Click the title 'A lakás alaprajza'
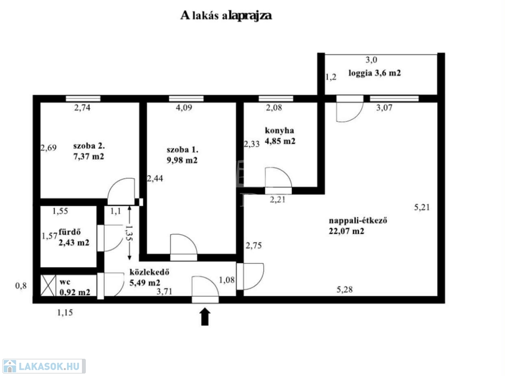click(x=226, y=15)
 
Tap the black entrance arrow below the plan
click(x=205, y=317)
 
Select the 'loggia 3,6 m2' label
click(x=375, y=73)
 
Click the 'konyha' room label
click(x=279, y=130)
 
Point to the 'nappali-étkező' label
click(x=358, y=220)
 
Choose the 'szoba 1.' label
click(x=182, y=150)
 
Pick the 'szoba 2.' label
click(x=89, y=146)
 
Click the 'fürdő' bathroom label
click(x=70, y=232)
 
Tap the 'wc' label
click(x=65, y=282)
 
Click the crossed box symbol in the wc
click(x=48, y=285)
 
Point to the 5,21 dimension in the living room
click(x=422, y=208)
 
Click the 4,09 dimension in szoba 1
click(x=184, y=108)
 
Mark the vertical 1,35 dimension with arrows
click(x=129, y=233)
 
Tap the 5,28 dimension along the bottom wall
click(x=345, y=290)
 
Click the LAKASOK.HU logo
click(x=44, y=366)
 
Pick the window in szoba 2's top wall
click(x=83, y=98)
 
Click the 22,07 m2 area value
click(x=347, y=231)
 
